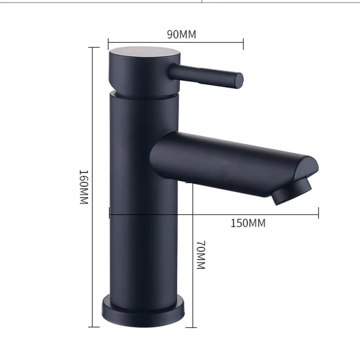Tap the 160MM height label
click(x=83, y=187)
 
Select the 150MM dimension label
click(x=248, y=223)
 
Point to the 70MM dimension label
click(x=201, y=255)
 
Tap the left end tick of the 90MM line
click(x=108, y=44)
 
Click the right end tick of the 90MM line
click(x=243, y=44)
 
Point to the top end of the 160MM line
click(x=93, y=47)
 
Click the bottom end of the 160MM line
click(x=93, y=327)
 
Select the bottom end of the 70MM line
click(x=192, y=327)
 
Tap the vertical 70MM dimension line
click(x=192, y=270)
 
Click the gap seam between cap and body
click(x=144, y=95)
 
